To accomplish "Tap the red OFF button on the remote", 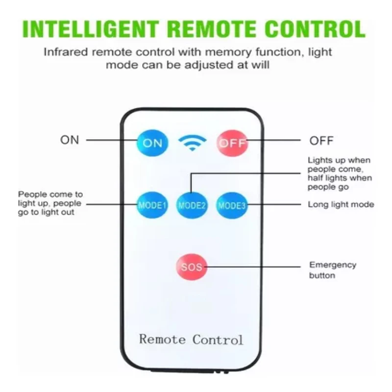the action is (x=232, y=143).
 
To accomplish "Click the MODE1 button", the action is (x=152, y=205).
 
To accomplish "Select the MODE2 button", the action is (x=192, y=205).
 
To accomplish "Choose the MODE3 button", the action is (x=232, y=205).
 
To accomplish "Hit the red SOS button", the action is (x=192, y=267).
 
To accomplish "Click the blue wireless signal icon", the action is (x=192, y=143).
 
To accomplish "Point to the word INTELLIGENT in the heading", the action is (x=91, y=29).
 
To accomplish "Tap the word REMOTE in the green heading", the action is (x=213, y=29).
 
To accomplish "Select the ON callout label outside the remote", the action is (x=70, y=140).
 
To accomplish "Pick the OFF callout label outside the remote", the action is (x=321, y=141).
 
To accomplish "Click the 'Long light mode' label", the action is (x=341, y=204).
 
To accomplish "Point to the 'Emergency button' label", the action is (x=333, y=270).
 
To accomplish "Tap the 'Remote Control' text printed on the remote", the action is (x=191, y=340).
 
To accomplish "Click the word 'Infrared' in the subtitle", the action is (x=66, y=52).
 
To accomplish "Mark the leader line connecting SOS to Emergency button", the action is (x=253, y=267).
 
